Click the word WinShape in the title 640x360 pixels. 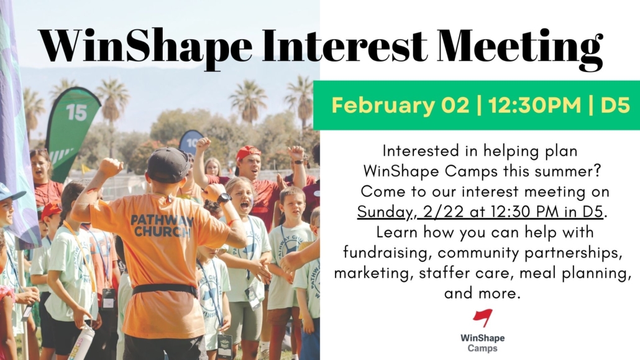(x=146, y=47)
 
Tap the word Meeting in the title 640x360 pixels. (x=519, y=48)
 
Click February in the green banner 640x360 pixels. (x=383, y=106)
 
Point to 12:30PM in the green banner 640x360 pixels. (x=535, y=106)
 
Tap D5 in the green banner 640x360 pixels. (x=615, y=106)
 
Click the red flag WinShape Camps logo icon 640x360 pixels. (x=483, y=318)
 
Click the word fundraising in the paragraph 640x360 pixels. (x=387, y=253)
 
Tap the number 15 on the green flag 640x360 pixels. (x=76, y=113)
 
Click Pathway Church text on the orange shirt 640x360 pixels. (x=162, y=226)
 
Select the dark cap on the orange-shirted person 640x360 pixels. (x=168, y=165)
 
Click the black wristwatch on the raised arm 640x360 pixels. (x=224, y=199)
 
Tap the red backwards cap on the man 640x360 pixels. (x=248, y=153)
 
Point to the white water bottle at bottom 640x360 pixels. (x=81, y=343)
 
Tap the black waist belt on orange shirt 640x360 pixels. (x=165, y=289)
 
